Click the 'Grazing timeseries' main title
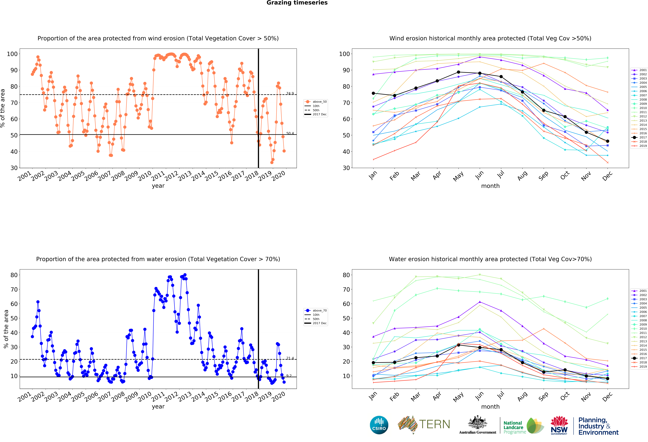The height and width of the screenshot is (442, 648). [x=297, y=3]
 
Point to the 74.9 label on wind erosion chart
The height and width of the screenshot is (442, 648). [x=290, y=93]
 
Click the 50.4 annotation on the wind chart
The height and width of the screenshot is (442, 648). [x=290, y=133]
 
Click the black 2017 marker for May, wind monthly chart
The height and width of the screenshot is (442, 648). [x=458, y=72]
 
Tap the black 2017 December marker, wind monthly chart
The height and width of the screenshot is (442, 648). [x=608, y=141]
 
